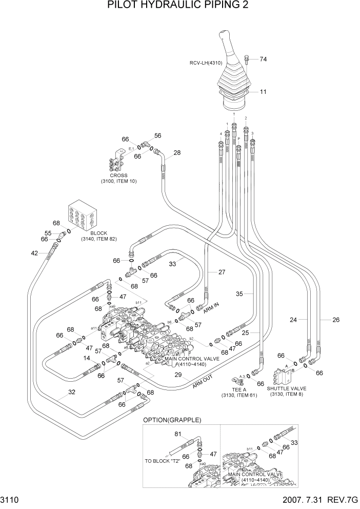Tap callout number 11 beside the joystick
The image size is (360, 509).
click(x=263, y=92)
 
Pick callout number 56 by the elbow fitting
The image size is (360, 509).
click(x=157, y=136)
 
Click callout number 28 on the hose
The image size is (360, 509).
click(x=177, y=153)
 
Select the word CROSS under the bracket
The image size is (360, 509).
click(x=118, y=175)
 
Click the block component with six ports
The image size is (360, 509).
click(x=83, y=216)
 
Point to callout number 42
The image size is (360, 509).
click(x=34, y=253)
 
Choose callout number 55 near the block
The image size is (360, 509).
click(x=47, y=233)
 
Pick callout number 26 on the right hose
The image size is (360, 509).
click(x=336, y=320)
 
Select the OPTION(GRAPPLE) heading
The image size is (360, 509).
click(x=172, y=420)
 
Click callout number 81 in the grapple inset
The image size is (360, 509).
click(x=178, y=435)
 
